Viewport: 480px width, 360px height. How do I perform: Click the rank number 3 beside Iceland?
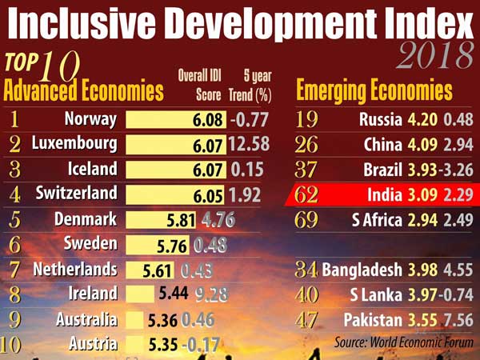pos(14,170)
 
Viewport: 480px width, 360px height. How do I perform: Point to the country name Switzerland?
pos(76,194)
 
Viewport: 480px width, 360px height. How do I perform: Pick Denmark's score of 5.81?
pos(177,219)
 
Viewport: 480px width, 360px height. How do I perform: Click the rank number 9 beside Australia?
pos(14,320)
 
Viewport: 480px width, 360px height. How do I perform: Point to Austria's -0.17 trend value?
pos(202,345)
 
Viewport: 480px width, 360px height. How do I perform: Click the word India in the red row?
pos(387,194)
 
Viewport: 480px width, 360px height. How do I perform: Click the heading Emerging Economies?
pos(374,90)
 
